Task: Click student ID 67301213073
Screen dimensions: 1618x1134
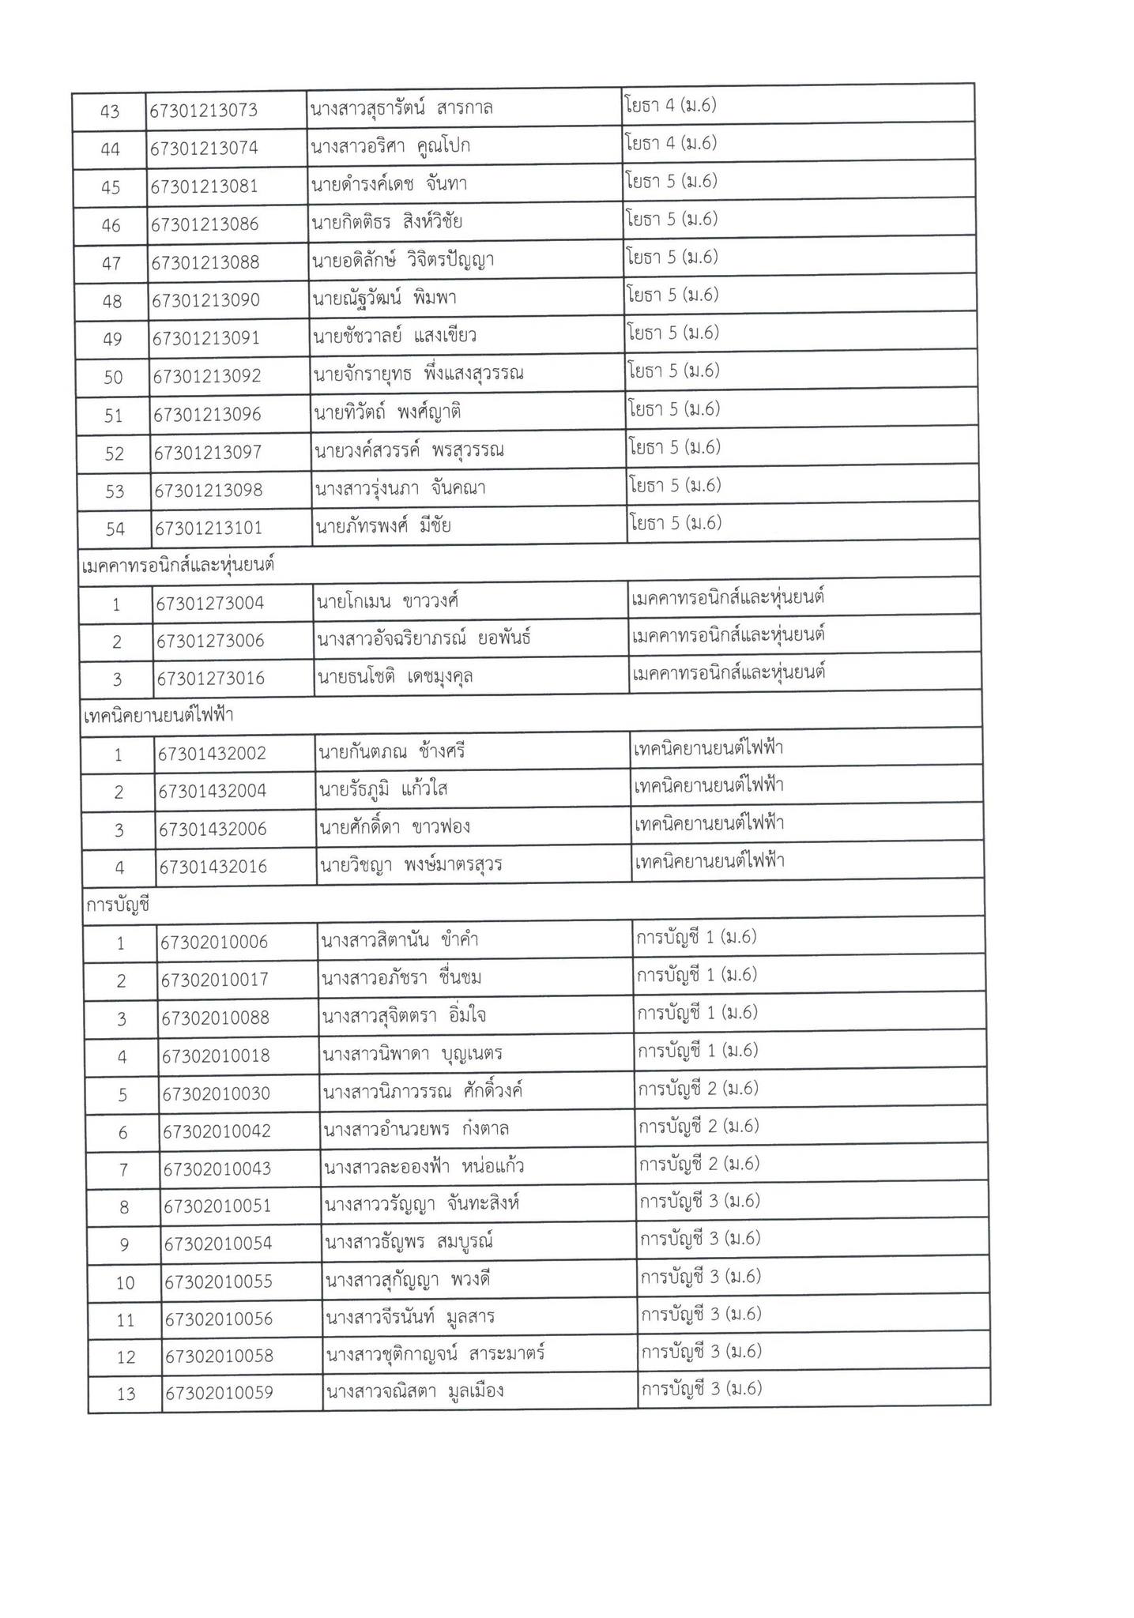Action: [204, 111]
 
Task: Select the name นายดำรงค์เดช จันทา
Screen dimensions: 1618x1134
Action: [389, 185]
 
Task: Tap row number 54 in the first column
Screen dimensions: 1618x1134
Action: [115, 529]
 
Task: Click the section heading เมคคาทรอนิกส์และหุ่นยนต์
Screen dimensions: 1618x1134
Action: [179, 566]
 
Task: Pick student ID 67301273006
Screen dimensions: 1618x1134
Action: [210, 641]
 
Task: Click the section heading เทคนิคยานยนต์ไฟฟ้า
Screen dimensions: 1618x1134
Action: [159, 716]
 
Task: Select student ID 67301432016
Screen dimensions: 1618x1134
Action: [213, 867]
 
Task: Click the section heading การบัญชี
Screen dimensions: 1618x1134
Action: [118, 905]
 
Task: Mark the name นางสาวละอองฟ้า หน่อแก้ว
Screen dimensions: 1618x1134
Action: [424, 1167]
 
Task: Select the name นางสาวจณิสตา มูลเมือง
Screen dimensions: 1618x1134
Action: [414, 1391]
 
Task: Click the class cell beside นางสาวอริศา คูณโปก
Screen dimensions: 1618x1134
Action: [671, 144]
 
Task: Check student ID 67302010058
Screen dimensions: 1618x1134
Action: [220, 1356]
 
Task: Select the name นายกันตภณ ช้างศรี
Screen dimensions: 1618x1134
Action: [391, 752]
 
